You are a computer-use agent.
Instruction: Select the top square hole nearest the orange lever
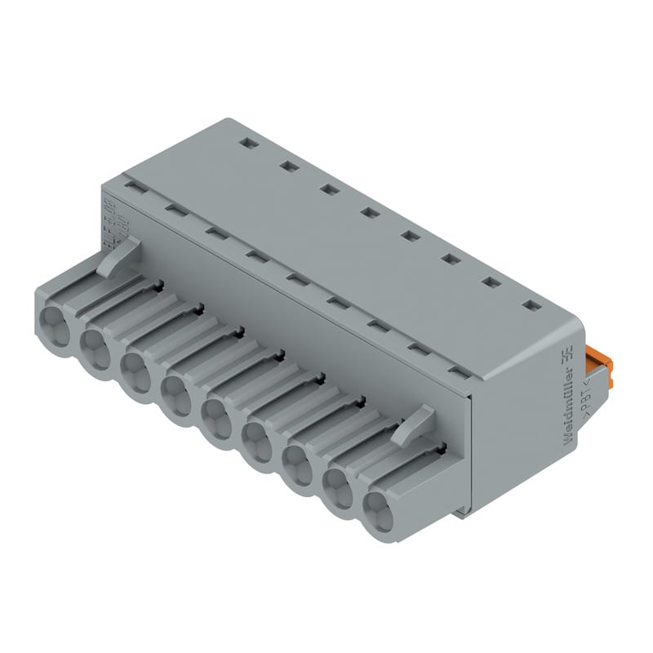[x=531, y=306]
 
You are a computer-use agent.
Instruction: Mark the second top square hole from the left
[x=287, y=167]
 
